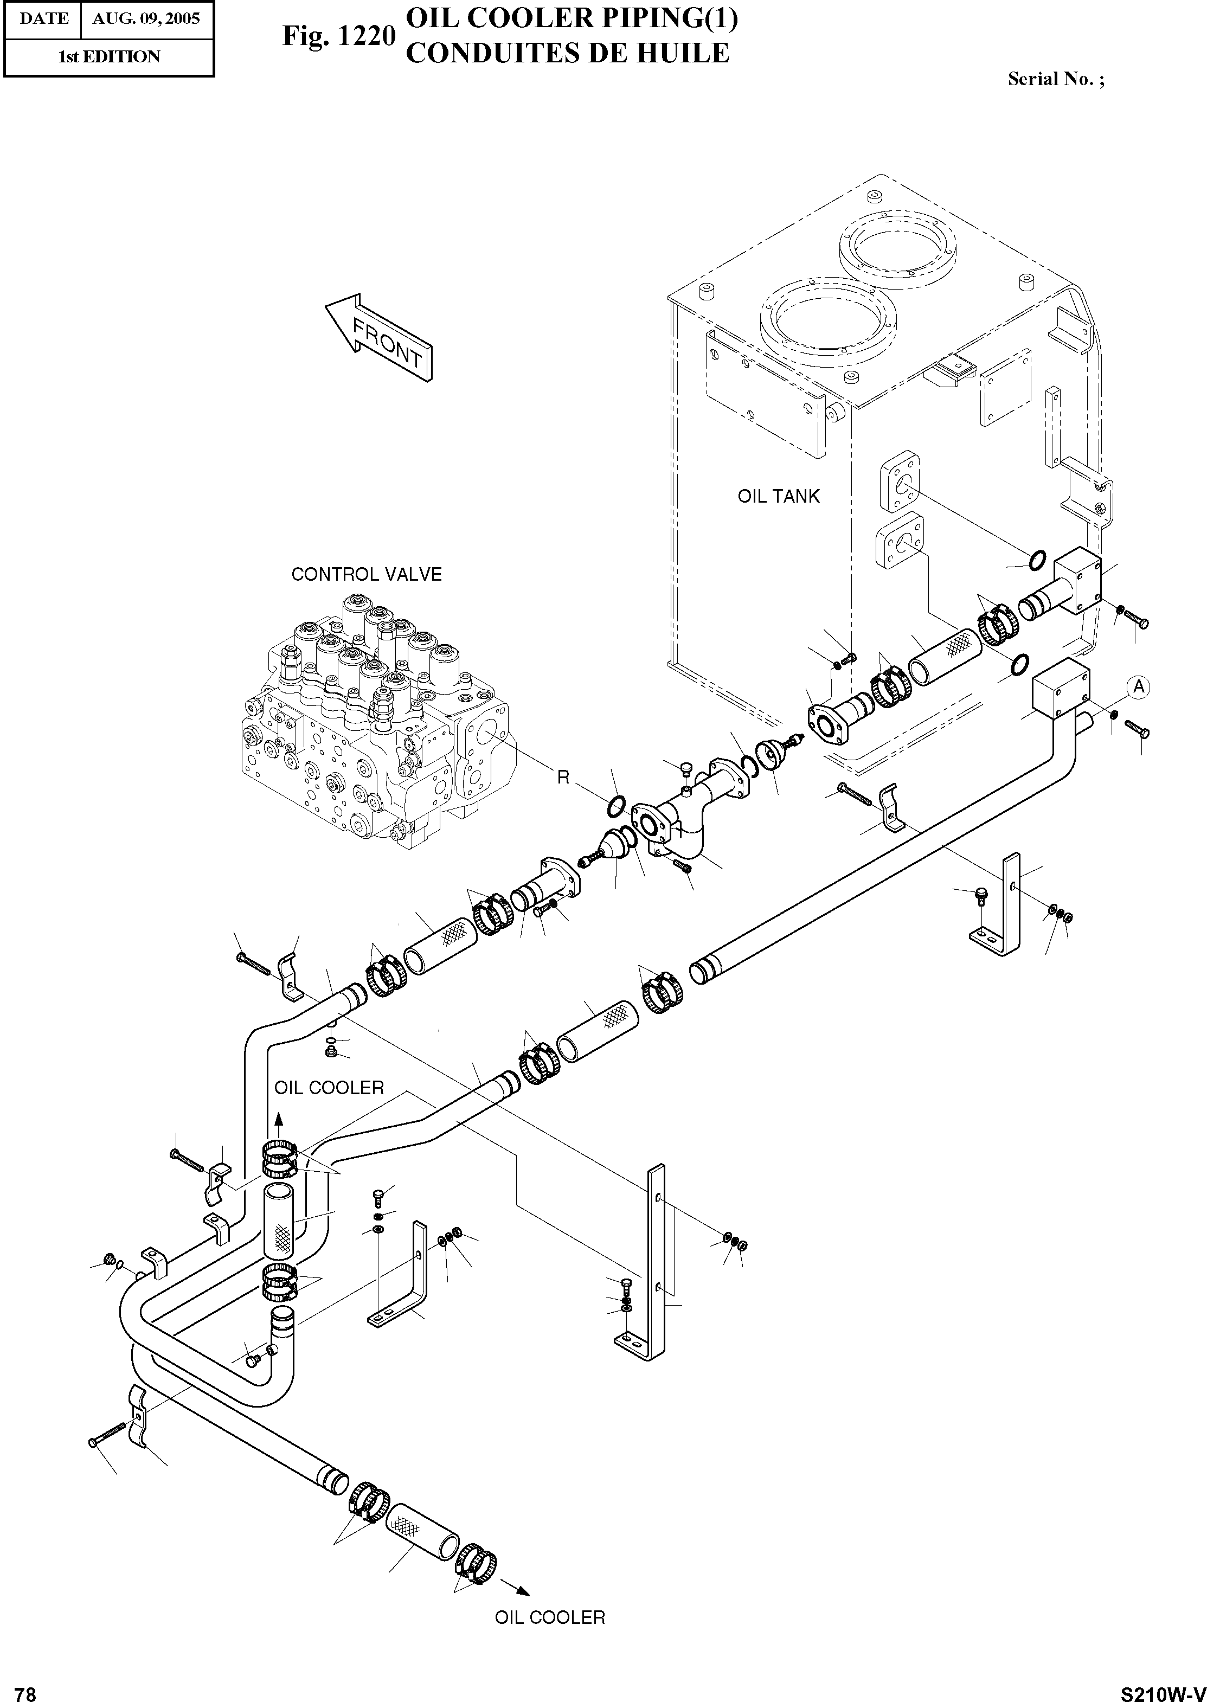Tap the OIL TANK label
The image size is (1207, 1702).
778,496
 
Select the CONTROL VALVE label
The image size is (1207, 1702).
367,574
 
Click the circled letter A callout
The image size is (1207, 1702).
1138,688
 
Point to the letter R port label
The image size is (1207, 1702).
563,778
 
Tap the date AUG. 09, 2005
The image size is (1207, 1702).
146,18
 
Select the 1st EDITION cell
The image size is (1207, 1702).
108,56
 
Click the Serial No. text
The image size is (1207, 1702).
1055,79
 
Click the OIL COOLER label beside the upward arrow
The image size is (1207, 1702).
329,1088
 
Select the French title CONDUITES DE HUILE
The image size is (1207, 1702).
568,54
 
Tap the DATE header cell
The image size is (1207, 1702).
43,18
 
